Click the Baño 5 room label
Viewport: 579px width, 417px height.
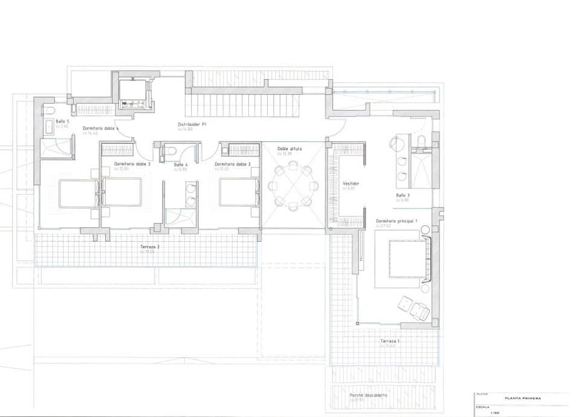coord(63,121)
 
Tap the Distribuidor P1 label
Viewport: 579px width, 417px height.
coord(192,124)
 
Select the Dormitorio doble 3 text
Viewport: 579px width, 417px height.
coord(132,164)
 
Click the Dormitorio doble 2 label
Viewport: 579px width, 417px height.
coord(233,164)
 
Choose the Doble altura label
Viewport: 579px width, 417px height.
coord(289,148)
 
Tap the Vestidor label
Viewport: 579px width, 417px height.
coord(351,183)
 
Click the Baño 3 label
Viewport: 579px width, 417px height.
coord(403,195)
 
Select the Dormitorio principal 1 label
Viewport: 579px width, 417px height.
coord(397,221)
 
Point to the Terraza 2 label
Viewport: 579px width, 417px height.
coord(150,247)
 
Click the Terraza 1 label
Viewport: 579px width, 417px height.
coord(390,341)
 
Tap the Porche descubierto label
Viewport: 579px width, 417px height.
coord(368,395)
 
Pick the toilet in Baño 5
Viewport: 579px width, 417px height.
coord(49,111)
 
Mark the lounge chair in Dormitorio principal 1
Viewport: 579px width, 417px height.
coord(414,307)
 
